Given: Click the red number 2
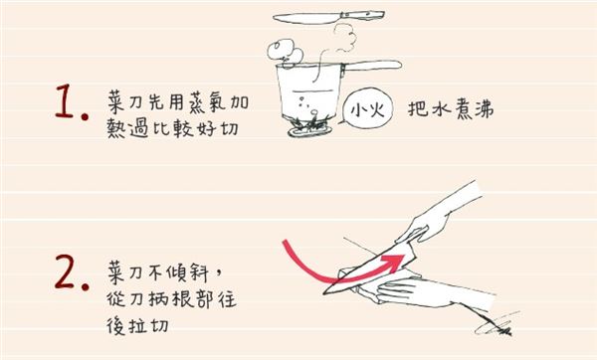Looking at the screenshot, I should tap(66, 275).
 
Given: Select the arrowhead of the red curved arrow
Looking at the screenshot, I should tap(399, 260).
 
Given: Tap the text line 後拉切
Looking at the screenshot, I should tap(136, 323).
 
